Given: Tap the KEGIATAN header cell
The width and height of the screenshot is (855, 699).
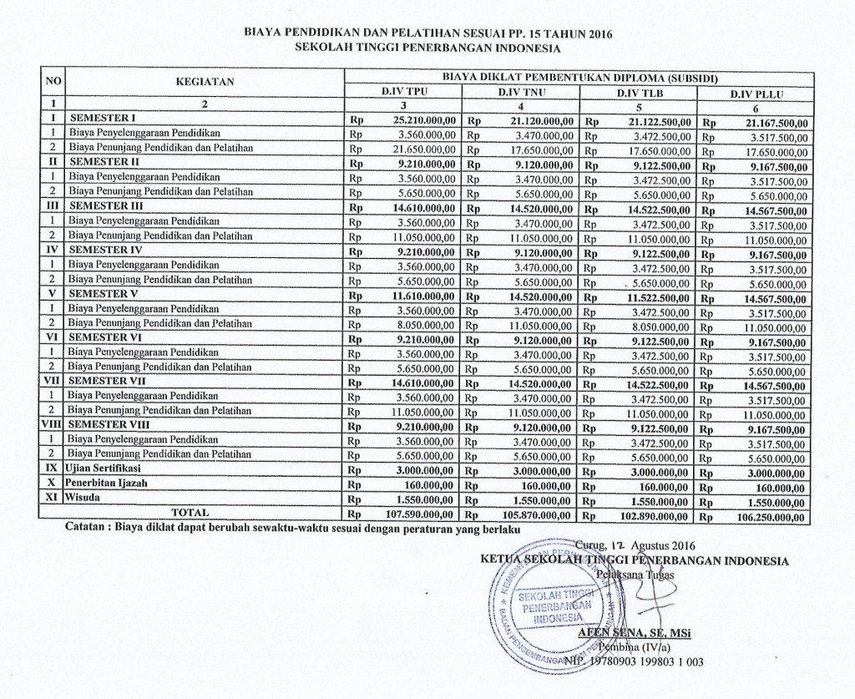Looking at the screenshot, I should click(x=205, y=81).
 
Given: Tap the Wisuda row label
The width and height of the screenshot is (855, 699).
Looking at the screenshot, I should click(x=86, y=498).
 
